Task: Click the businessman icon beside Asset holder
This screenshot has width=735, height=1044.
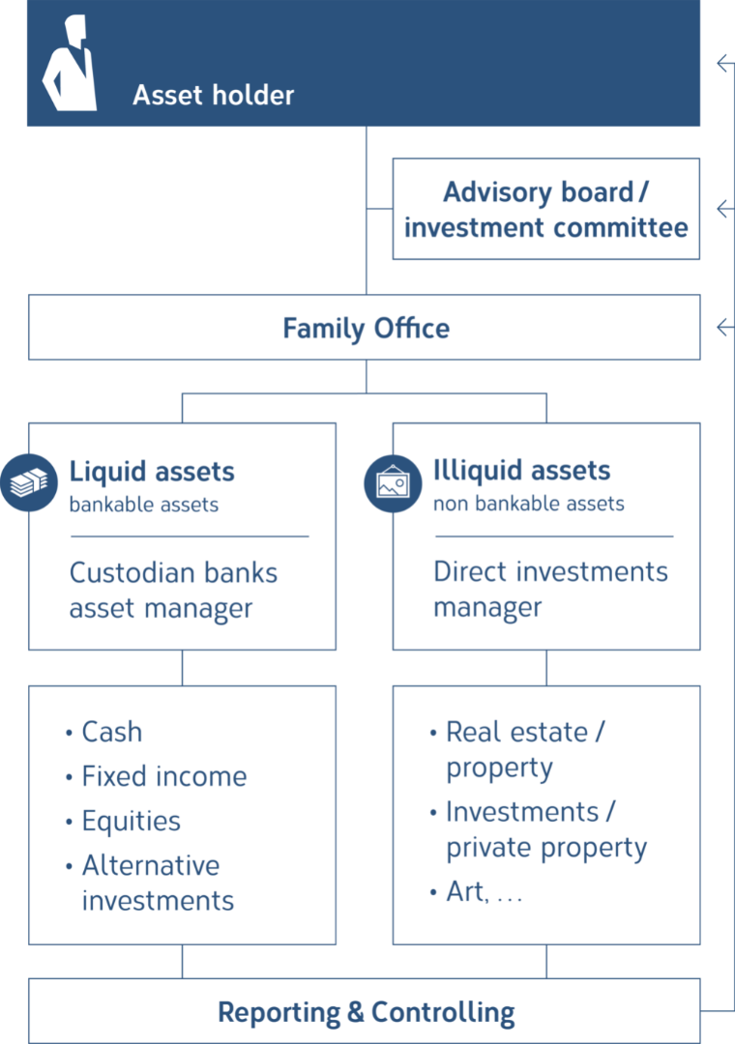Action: [70, 63]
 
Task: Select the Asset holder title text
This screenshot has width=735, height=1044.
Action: [213, 95]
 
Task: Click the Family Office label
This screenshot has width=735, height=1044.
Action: [366, 329]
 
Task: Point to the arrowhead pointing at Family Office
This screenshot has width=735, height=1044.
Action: [724, 327]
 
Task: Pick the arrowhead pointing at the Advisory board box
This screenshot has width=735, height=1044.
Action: [724, 209]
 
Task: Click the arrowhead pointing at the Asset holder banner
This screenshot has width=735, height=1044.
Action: [724, 63]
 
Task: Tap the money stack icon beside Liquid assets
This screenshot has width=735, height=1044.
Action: [29, 482]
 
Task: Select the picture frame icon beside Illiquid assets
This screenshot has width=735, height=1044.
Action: [393, 483]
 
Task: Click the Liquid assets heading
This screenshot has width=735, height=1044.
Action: [152, 472]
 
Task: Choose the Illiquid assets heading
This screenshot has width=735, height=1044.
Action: [522, 471]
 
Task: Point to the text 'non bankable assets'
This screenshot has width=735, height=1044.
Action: [528, 504]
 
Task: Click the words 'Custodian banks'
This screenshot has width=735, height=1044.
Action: [173, 572]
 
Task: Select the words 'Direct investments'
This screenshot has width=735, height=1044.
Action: [550, 571]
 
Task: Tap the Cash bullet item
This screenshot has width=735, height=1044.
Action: [104, 732]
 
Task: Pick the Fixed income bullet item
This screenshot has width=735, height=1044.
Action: [157, 776]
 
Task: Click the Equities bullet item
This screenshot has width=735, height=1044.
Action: [123, 821]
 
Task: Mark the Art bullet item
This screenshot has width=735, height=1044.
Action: [476, 891]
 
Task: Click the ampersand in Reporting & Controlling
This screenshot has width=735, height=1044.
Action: [355, 1012]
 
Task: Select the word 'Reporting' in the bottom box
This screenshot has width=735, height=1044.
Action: [279, 1013]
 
